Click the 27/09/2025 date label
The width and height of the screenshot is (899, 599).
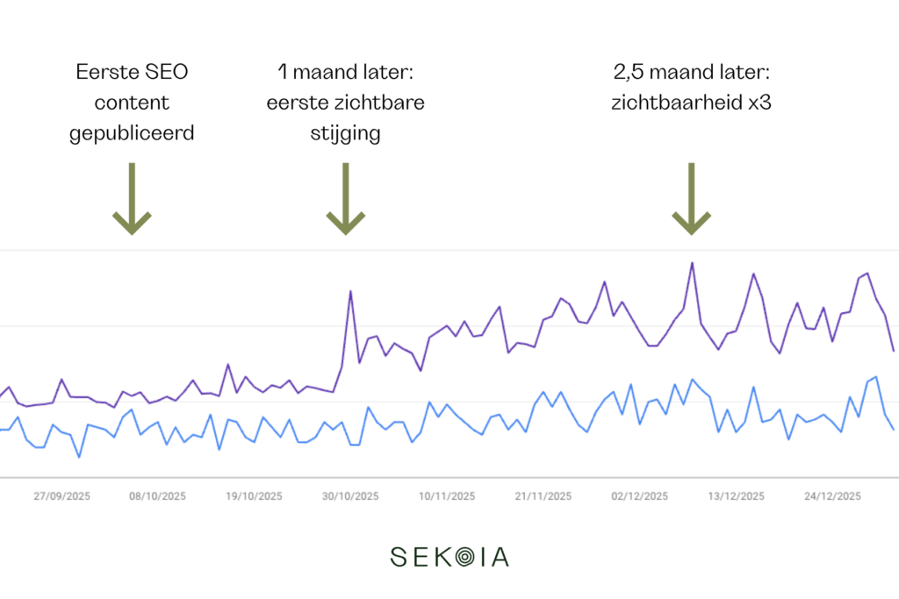(x=61, y=496)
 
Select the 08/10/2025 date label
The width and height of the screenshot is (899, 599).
(x=158, y=496)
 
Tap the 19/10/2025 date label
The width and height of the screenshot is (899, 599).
(x=255, y=496)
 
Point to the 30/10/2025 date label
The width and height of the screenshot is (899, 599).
(x=350, y=496)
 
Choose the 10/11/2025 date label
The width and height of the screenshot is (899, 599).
(x=447, y=496)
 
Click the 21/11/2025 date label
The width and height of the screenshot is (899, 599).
(x=543, y=496)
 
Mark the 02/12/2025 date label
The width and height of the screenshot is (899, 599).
(x=640, y=496)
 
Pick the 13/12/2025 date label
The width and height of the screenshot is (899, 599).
(x=736, y=496)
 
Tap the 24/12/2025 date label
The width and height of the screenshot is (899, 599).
(x=832, y=496)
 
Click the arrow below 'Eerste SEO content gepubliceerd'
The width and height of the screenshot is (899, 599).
(x=132, y=199)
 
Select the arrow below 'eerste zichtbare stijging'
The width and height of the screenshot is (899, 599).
(x=346, y=199)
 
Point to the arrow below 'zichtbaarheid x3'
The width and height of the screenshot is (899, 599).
(x=692, y=199)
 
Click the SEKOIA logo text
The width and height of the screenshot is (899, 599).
(x=449, y=557)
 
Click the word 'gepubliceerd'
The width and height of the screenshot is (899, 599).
(x=132, y=135)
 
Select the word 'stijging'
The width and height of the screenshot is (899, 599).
(x=346, y=135)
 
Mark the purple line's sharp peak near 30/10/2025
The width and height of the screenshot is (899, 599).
(x=350, y=291)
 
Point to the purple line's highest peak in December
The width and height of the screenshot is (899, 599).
(x=692, y=262)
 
